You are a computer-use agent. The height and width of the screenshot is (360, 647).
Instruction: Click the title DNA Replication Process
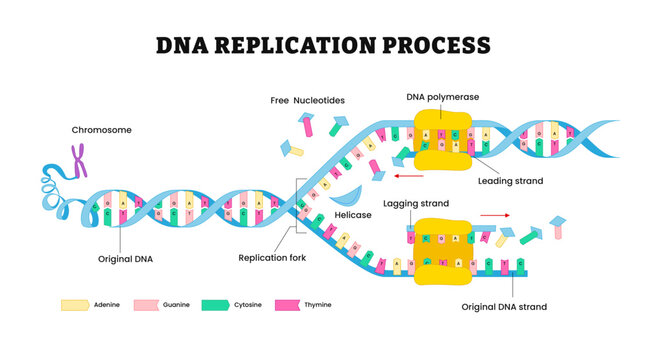pyautogui.click(x=323, y=45)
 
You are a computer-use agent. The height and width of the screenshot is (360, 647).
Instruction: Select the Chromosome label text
pyautogui.click(x=100, y=130)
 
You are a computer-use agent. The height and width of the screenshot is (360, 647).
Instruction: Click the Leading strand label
pyautogui.click(x=510, y=181)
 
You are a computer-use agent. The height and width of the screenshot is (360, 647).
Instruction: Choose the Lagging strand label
pyautogui.click(x=416, y=203)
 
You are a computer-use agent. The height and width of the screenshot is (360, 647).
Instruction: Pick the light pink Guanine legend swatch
pyautogui.click(x=145, y=304)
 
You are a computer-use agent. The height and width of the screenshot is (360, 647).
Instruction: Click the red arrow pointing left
pyautogui.click(x=406, y=176)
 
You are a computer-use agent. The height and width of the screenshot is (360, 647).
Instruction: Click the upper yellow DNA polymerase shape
pyautogui.click(x=442, y=141)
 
